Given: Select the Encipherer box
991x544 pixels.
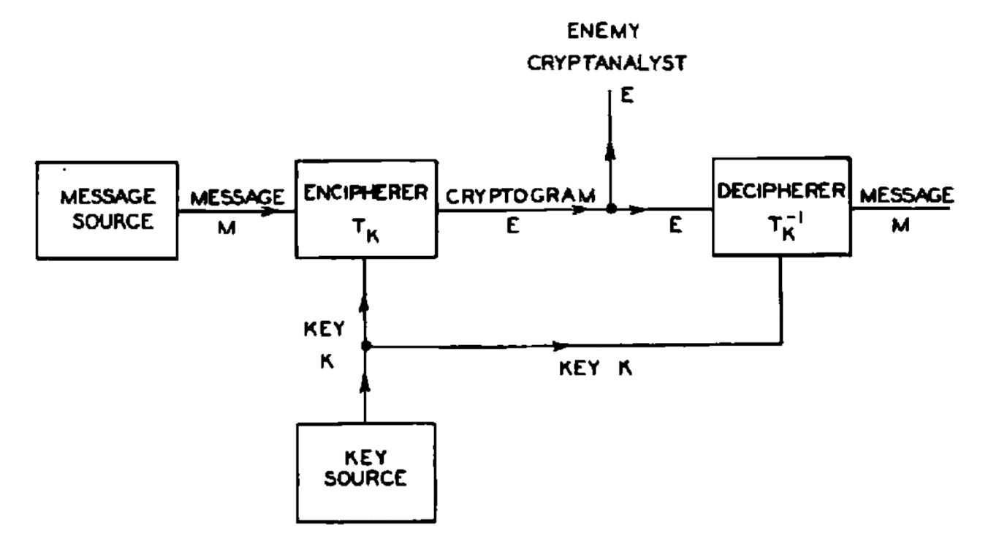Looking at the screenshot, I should pyautogui.click(x=362, y=209).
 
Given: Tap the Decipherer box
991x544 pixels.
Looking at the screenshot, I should pyautogui.click(x=781, y=209).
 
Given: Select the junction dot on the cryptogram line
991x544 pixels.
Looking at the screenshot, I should pyautogui.click(x=611, y=210).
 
